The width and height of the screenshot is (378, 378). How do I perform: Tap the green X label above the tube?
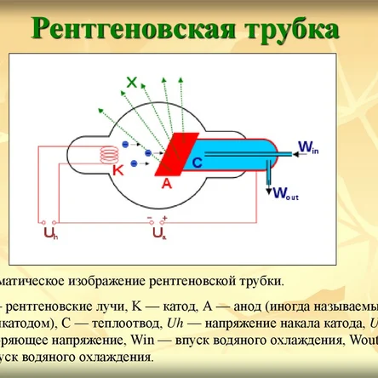click(131, 83)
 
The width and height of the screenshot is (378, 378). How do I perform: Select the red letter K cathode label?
click(118, 170)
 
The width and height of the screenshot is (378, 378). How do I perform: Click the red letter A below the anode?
click(167, 182)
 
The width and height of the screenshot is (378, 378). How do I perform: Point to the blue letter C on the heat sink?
click(198, 161)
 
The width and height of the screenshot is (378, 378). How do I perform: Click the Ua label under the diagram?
click(159, 231)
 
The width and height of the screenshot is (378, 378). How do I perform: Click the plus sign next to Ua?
click(165, 219)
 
